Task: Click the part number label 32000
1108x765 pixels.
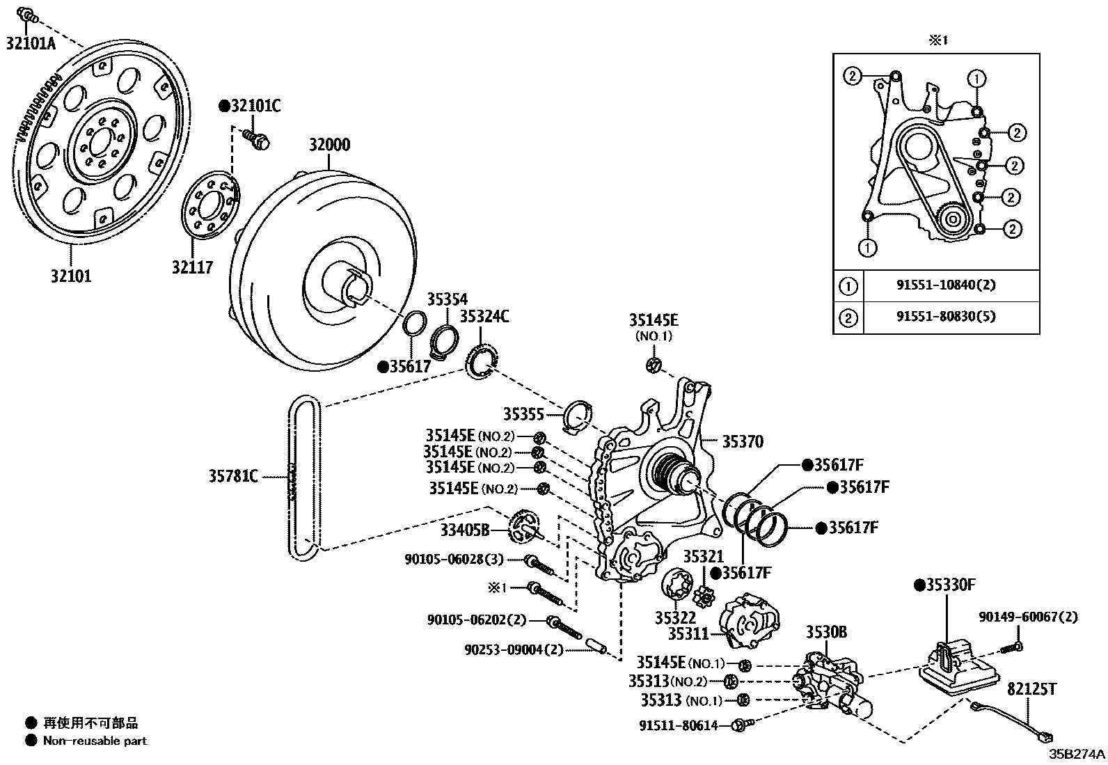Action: (329, 145)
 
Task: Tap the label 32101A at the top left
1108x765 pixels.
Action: (31, 43)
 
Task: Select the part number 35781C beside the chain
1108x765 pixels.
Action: (233, 476)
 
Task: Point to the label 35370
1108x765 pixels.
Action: (743, 441)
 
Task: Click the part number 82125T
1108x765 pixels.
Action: (1031, 689)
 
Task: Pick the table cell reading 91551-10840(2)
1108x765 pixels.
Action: (946, 285)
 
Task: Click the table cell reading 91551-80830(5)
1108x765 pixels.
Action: (946, 316)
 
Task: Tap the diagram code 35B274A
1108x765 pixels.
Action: (1077, 754)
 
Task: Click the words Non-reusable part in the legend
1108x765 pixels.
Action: (95, 741)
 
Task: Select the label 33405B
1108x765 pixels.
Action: (464, 530)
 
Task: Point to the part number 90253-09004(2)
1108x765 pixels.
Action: (514, 649)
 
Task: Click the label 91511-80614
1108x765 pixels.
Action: (678, 725)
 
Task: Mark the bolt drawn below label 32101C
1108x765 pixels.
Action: (256, 139)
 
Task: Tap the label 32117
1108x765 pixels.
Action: (192, 267)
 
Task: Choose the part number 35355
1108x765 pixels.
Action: (523, 413)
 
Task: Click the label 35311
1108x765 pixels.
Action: (688, 634)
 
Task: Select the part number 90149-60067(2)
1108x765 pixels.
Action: (1029, 617)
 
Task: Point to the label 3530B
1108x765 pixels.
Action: (826, 632)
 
